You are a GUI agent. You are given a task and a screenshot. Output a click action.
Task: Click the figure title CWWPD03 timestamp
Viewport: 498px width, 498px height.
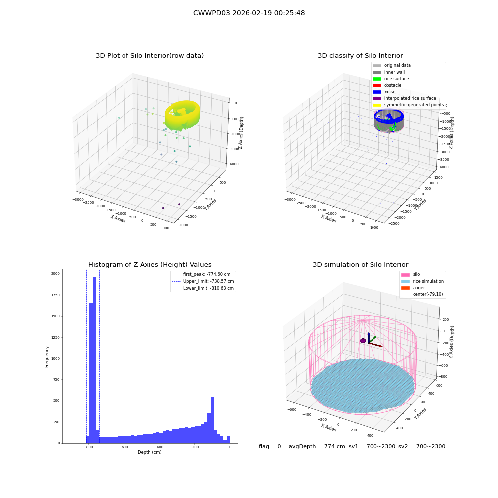click(249, 13)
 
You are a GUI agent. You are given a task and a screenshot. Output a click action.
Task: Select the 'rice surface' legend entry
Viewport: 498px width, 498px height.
click(391, 79)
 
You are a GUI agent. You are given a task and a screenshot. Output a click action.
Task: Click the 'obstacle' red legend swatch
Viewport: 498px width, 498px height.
click(377, 85)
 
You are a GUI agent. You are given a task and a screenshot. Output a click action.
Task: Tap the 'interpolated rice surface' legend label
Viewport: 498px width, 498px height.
click(410, 98)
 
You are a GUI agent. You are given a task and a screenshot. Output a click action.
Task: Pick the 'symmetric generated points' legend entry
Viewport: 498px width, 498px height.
click(408, 105)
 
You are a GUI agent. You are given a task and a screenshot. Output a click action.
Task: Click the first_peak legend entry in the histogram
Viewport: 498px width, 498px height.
click(201, 274)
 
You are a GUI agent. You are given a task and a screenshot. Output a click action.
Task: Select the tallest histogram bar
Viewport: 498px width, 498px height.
click(94, 360)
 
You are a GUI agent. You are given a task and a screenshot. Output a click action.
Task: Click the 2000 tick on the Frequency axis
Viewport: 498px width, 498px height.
click(56, 274)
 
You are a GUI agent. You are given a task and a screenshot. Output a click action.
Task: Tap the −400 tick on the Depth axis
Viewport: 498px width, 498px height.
click(159, 447)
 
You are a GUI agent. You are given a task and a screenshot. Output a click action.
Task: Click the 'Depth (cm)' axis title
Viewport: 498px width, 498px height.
click(150, 452)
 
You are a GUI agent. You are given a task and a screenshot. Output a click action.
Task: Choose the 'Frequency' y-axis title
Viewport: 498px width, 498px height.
click(47, 357)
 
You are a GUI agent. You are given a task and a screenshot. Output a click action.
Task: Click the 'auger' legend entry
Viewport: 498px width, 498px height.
click(413, 288)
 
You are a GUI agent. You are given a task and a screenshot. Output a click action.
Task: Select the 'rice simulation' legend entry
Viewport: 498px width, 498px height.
click(422, 281)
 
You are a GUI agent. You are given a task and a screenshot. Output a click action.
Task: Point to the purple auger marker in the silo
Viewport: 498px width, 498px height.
click(363, 341)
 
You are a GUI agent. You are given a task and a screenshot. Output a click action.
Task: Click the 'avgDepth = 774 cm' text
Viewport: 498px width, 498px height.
click(317, 446)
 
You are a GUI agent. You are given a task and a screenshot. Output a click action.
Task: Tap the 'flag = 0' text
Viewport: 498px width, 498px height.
click(270, 446)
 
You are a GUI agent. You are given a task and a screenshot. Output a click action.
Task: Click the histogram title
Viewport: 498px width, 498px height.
click(149, 264)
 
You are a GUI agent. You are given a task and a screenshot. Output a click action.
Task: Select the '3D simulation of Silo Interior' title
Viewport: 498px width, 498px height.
click(361, 264)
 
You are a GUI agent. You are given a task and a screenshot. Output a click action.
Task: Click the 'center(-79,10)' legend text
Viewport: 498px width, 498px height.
click(428, 294)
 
